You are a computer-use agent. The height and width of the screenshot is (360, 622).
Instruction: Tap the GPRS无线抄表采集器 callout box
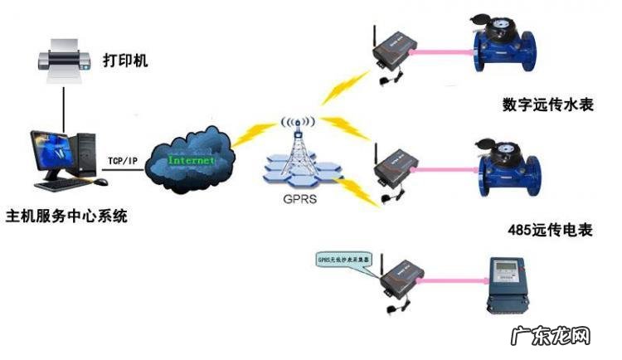pos(348,259)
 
